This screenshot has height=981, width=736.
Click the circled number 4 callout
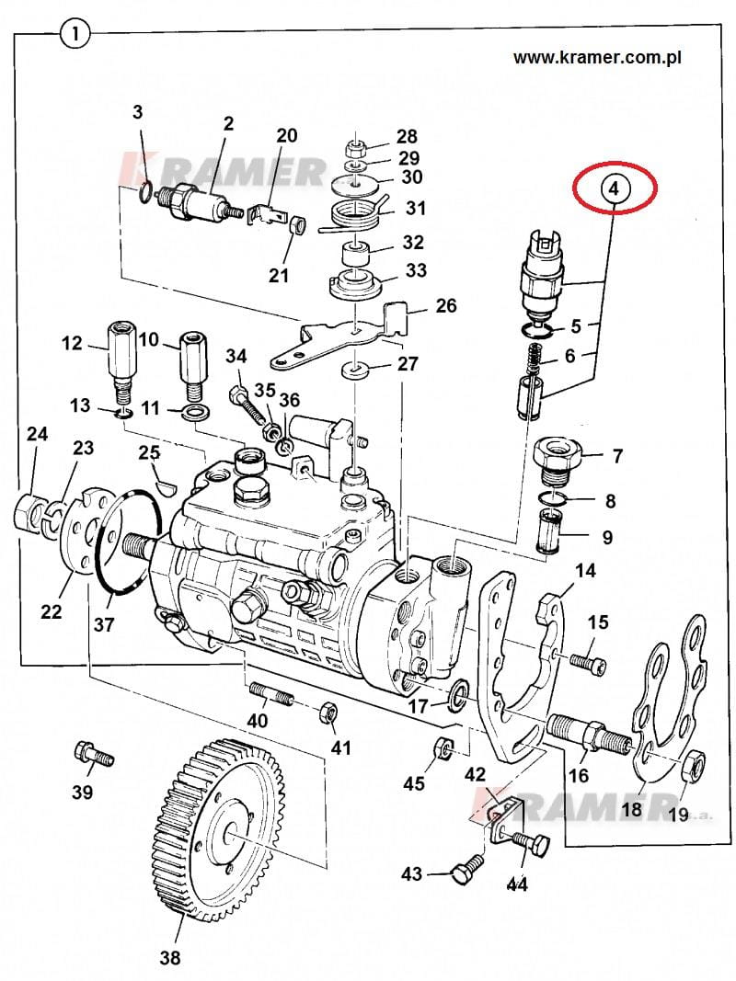point(614,188)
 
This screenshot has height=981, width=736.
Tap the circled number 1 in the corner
point(75,32)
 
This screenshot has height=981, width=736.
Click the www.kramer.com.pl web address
point(597,58)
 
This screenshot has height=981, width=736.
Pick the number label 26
point(446,306)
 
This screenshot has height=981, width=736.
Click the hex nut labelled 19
point(694,765)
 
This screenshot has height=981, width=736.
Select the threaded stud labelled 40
point(271,694)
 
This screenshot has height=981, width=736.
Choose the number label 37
point(104,623)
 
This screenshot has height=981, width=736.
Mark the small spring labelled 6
point(534,359)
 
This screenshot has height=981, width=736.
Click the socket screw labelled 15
point(588,662)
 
